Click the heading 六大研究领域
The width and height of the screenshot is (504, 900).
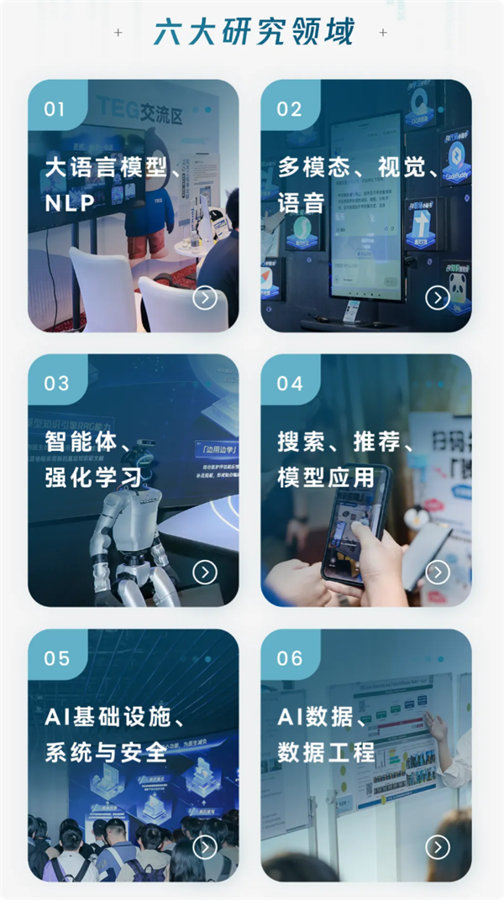tap(253, 32)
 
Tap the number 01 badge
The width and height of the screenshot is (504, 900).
tap(54, 109)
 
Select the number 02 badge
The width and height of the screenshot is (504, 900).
tap(288, 109)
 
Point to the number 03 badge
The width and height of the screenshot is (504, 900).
tap(56, 384)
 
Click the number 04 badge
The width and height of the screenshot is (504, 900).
tap(289, 384)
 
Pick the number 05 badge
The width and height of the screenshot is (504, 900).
tap(56, 658)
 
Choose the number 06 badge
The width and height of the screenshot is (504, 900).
tap(289, 658)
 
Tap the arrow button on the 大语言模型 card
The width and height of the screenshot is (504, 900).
tap(204, 298)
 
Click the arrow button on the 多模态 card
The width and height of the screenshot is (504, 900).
tap(437, 298)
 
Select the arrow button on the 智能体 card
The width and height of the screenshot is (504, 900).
tap(204, 573)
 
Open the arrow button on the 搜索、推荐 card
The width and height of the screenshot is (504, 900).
tap(437, 573)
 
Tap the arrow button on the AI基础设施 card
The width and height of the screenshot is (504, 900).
tap(204, 847)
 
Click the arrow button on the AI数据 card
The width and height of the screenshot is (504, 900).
tap(437, 847)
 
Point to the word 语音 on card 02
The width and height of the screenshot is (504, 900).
tap(301, 202)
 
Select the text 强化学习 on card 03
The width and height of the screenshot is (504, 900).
tap(93, 477)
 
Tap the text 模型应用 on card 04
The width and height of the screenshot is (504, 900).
tap(326, 477)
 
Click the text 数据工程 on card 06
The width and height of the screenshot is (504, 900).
tap(326, 751)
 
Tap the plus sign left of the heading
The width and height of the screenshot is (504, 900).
tap(118, 33)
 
